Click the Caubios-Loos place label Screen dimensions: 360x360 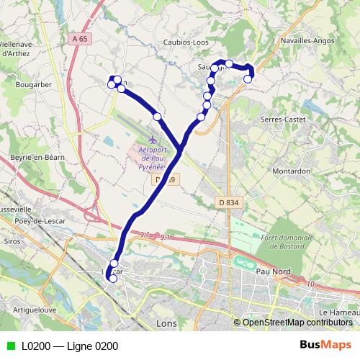tap(186, 42)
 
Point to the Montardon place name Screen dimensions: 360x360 tap(292, 171)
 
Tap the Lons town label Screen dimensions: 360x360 tap(166, 324)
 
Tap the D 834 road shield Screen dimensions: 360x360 tap(227, 204)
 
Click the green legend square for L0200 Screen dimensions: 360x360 tap(9, 346)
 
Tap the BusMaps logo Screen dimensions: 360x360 tap(330, 346)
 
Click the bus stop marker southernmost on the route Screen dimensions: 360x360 tap(112, 279)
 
